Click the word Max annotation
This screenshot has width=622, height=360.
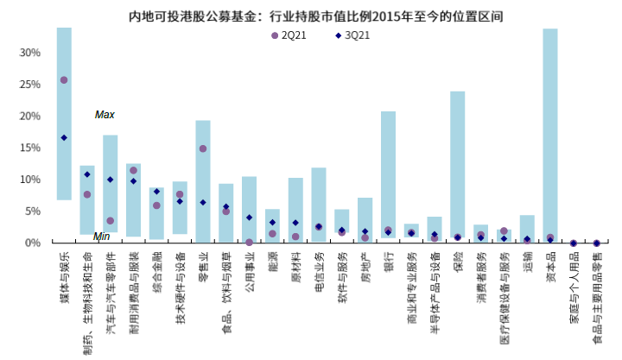[105, 115]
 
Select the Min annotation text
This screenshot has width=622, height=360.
[101, 236]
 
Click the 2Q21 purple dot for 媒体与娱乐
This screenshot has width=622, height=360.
[64, 80]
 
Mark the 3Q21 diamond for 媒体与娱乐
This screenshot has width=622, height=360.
[64, 138]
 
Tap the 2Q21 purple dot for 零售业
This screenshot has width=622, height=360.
[203, 148]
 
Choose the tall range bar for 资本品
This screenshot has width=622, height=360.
[550, 129]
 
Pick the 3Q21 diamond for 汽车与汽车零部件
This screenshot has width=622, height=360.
[111, 180]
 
